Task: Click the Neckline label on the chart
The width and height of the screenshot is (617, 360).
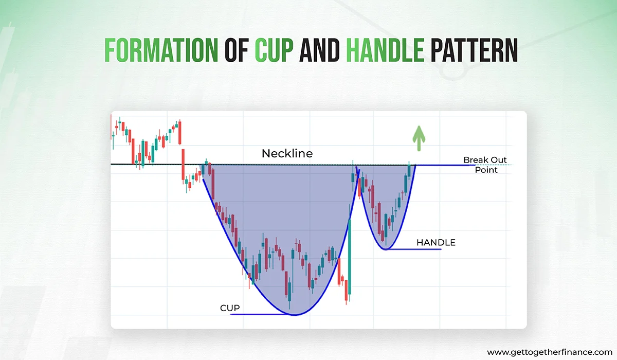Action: pos(287,153)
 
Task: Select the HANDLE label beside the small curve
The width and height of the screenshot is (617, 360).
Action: pos(435,242)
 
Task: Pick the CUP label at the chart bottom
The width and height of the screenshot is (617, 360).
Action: pos(230,308)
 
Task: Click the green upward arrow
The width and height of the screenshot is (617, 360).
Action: pos(419,138)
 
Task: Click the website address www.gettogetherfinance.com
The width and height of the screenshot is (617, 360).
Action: pos(547,352)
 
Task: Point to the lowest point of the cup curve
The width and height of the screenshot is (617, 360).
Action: pos(294,314)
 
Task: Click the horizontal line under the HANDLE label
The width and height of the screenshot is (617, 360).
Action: pos(416,249)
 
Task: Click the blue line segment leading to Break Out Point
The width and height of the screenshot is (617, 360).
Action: pos(437,165)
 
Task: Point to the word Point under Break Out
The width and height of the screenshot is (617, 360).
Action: pos(486,170)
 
